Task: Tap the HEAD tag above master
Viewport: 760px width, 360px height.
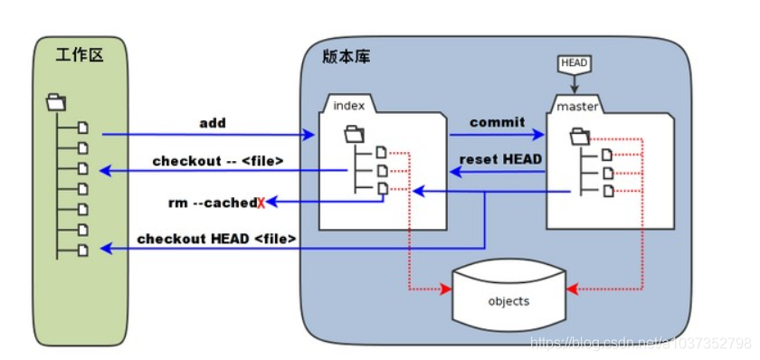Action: (x=574, y=63)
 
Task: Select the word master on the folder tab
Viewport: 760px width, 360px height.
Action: (x=578, y=107)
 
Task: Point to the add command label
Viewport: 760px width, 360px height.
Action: (x=213, y=122)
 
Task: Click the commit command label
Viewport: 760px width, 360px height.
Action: (x=498, y=121)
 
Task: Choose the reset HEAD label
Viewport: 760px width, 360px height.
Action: (x=500, y=159)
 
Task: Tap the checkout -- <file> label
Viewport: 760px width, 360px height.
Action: (x=218, y=161)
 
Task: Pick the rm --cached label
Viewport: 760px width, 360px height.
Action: (x=212, y=203)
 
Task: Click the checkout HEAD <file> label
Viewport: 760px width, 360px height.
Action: (x=217, y=239)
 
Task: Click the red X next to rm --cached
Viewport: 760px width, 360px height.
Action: (x=261, y=204)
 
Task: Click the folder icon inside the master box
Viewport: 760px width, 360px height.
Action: (x=579, y=137)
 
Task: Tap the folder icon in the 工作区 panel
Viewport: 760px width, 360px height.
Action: (x=55, y=100)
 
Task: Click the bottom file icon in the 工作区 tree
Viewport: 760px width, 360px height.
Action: (x=82, y=248)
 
